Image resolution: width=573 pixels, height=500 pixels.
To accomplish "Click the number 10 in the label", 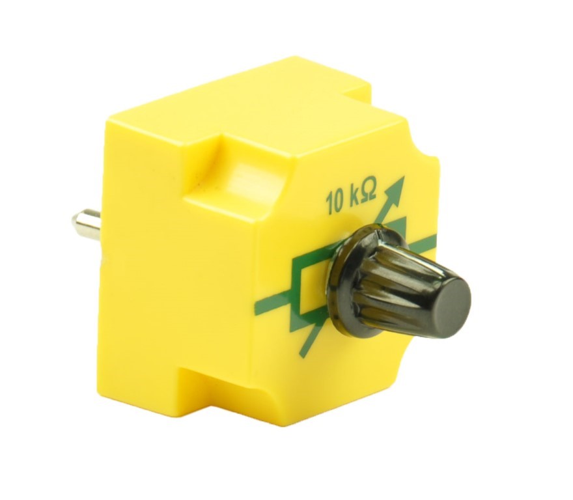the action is pos(336,202).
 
